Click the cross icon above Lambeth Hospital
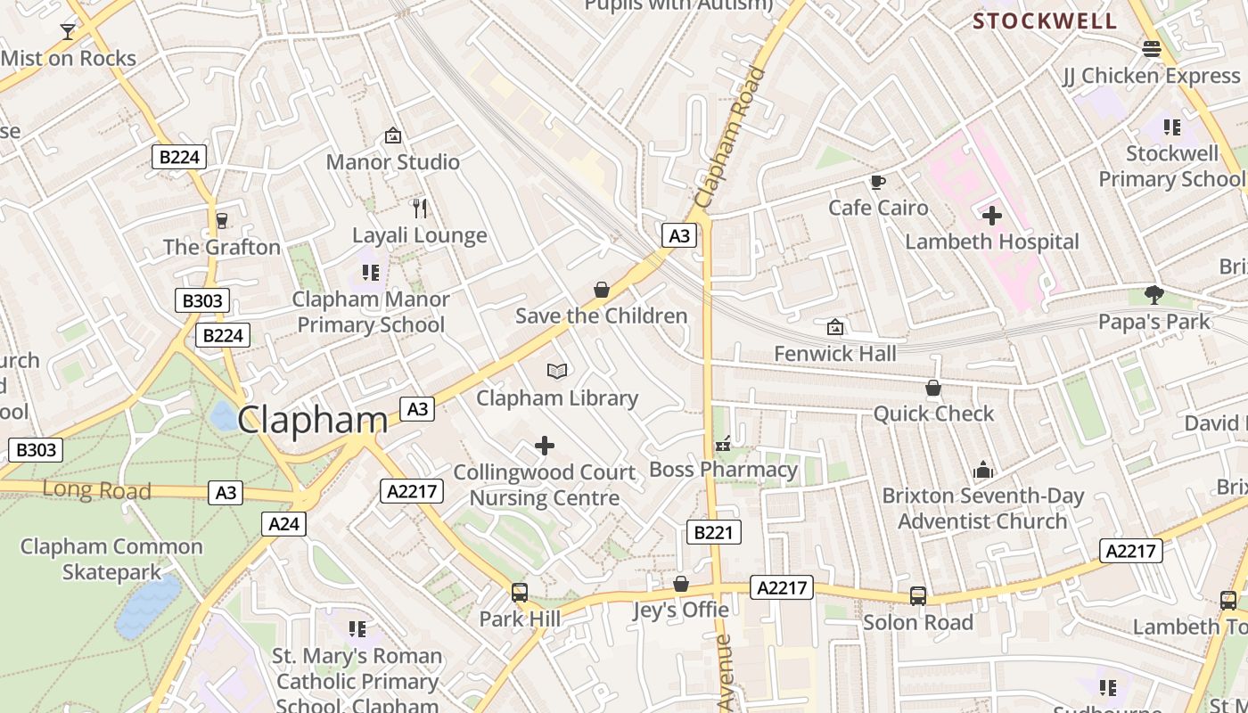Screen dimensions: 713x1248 [x=992, y=216]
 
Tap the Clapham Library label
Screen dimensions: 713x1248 [x=557, y=398]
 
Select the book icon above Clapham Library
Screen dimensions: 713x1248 [x=557, y=371]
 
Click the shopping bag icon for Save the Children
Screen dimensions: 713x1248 [x=602, y=290]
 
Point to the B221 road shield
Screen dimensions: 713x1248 [x=714, y=533]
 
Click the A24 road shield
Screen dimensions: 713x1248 [x=284, y=524]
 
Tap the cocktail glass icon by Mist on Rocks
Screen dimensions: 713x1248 [x=68, y=32]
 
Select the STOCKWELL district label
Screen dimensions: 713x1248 [x=1044, y=21]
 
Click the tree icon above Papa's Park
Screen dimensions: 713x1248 [x=1154, y=294]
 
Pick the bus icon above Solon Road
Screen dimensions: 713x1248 [x=918, y=595]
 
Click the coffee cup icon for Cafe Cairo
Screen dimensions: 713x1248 [x=878, y=182]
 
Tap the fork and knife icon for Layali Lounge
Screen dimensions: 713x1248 [x=420, y=209]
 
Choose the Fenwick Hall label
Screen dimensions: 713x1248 [x=835, y=354]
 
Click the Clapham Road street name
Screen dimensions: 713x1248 [x=732, y=138]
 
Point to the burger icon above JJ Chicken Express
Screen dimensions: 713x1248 [x=1152, y=49]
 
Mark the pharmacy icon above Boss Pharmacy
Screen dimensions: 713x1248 [x=723, y=443]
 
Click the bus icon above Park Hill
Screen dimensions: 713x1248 [x=520, y=592]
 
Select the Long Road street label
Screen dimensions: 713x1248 [x=96, y=490]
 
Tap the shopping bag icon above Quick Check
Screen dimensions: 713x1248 [x=933, y=388]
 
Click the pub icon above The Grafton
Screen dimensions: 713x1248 [x=222, y=220]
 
